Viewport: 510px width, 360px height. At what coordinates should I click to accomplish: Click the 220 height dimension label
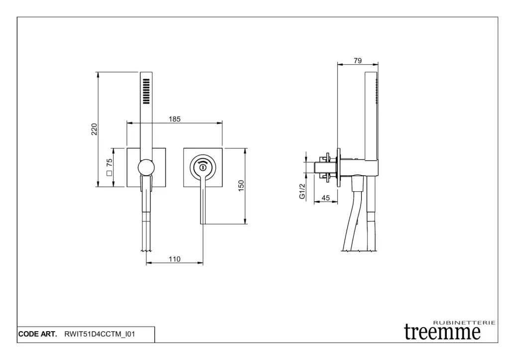click(x=94, y=129)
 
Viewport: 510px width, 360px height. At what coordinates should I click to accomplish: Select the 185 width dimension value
click(x=174, y=119)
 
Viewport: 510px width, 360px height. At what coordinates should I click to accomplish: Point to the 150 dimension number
click(x=241, y=186)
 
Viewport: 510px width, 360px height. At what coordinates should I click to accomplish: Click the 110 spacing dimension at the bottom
click(x=174, y=259)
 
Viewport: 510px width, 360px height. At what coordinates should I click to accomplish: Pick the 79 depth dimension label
click(x=358, y=60)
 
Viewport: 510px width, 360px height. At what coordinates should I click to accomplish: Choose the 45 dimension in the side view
click(x=326, y=198)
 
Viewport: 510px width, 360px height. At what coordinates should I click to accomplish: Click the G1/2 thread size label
click(x=302, y=191)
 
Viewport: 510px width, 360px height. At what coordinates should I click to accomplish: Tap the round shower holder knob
click(x=146, y=168)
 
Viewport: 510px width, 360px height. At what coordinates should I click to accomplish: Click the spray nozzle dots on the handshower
click(x=146, y=91)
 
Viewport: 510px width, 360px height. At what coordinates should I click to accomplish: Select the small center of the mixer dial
click(x=203, y=168)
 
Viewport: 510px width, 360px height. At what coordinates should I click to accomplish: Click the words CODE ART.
click(x=37, y=334)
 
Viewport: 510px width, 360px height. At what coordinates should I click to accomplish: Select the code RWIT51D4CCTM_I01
click(x=100, y=334)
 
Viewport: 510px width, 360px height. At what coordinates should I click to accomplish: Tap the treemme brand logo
click(x=442, y=332)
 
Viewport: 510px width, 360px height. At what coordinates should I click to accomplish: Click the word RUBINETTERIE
click(x=465, y=323)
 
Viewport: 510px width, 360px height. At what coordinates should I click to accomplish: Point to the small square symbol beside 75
click(x=109, y=173)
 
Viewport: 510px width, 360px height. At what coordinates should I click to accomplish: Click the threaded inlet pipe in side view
click(x=325, y=167)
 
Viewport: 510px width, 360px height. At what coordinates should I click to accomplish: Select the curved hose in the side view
click(x=352, y=215)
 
